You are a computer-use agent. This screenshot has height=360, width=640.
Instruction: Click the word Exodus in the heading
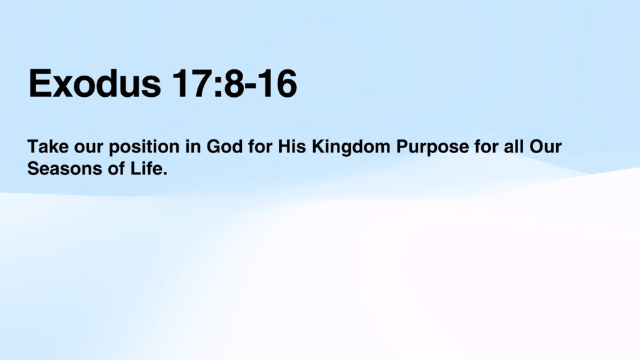coord(95,83)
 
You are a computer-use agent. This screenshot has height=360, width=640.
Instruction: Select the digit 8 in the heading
coord(234,83)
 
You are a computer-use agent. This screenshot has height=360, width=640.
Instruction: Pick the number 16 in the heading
coord(277,83)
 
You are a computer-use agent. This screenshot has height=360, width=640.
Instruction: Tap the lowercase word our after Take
coord(89,148)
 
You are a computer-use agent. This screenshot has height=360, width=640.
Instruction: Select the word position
coord(144,147)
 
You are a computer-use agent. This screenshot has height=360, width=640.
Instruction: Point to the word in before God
coord(193,146)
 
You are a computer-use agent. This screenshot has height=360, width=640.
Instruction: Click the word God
coord(224,146)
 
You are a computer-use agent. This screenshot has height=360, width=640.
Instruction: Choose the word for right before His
coord(261,146)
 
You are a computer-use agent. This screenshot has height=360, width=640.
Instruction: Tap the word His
coord(292,146)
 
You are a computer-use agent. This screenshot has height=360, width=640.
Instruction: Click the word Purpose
coord(432,147)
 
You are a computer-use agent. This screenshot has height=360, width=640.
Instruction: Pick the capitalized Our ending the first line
coord(546,146)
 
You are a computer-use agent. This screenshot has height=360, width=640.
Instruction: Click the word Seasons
coord(64,169)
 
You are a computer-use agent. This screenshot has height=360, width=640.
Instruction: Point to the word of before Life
coord(116,169)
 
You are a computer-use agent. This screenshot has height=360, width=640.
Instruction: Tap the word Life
coord(149,169)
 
